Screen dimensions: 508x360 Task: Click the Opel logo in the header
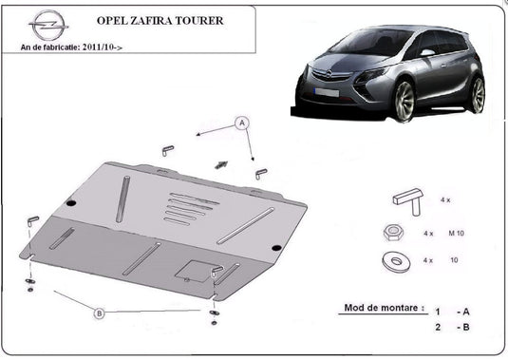44,23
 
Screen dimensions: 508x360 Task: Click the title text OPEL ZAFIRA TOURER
156,19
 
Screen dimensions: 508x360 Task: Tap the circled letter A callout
242,123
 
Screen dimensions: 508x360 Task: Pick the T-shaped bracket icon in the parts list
405,200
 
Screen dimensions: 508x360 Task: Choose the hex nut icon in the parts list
391,233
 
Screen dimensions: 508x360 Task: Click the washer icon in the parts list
389,260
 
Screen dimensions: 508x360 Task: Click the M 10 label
458,233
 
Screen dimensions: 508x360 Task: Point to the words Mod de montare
379,310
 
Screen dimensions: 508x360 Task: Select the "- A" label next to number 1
463,311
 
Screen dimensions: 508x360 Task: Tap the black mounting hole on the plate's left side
71,201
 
